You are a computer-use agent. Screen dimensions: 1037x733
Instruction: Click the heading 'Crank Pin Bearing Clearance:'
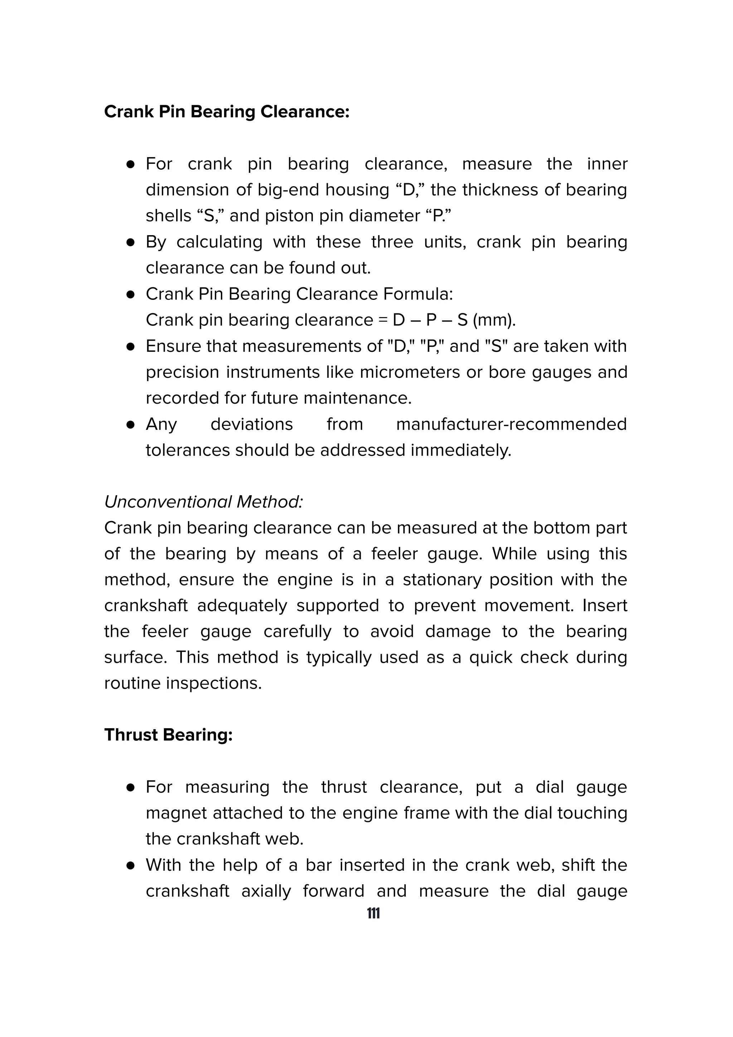point(227,112)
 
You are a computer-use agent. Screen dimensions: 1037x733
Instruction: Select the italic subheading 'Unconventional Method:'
point(203,502)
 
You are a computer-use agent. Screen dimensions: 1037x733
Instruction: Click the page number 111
point(373,913)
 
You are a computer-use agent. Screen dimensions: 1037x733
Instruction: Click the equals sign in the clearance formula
point(383,320)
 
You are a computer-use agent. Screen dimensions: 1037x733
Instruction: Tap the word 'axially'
point(266,891)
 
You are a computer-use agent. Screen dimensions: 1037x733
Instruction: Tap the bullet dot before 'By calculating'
point(131,243)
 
